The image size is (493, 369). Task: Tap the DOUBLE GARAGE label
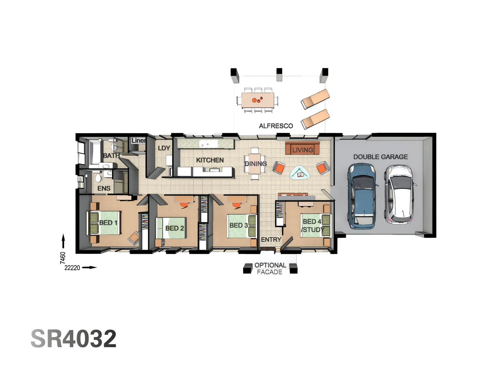380,157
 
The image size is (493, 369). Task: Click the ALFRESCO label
276,126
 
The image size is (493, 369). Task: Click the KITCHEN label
210,160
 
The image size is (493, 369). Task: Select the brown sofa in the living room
302,148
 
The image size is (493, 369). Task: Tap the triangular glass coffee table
301,173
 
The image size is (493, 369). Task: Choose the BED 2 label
175,228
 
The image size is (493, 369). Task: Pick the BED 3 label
238,225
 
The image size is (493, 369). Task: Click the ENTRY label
271,240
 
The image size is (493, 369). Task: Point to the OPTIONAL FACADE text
270,269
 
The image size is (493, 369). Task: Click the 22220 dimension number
72,268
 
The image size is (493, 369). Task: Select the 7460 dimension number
63,258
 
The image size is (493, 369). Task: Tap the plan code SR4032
74,339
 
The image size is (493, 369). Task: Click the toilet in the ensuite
99,178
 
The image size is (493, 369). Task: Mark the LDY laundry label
164,148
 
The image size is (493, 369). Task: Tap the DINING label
255,164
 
